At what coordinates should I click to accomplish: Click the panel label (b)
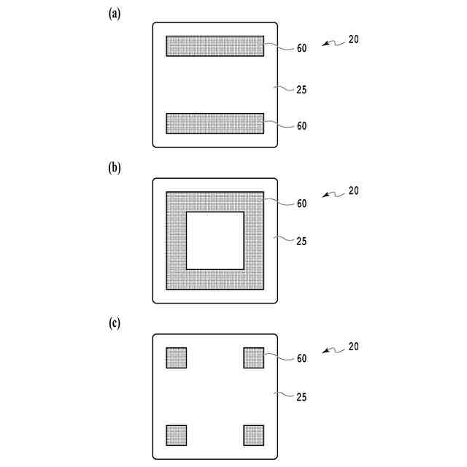pyautogui.click(x=115, y=167)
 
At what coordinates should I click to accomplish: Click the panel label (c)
pyautogui.click(x=115, y=323)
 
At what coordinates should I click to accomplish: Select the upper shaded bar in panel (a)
pyautogui.click(x=215, y=46)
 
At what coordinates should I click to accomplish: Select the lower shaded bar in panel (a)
pyautogui.click(x=215, y=123)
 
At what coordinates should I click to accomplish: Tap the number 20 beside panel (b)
pyautogui.click(x=353, y=191)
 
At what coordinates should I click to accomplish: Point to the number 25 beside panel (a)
pyautogui.click(x=302, y=90)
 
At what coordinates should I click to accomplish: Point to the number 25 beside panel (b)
pyautogui.click(x=302, y=241)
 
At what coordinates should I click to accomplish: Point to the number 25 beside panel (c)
pyautogui.click(x=302, y=397)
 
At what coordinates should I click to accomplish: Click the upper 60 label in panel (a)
pyautogui.click(x=302, y=48)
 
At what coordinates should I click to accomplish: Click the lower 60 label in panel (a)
pyautogui.click(x=302, y=126)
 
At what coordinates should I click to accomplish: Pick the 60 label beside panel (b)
pyautogui.click(x=302, y=204)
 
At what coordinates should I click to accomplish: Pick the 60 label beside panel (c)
pyautogui.click(x=302, y=358)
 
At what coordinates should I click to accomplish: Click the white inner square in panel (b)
pyautogui.click(x=215, y=241)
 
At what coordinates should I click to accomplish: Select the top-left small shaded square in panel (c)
pyautogui.click(x=177, y=358)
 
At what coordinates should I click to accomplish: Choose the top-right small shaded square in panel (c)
pyautogui.click(x=253, y=358)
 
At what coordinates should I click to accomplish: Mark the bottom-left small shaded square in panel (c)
pyautogui.click(x=177, y=435)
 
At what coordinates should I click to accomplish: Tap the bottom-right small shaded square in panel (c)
pyautogui.click(x=253, y=435)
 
